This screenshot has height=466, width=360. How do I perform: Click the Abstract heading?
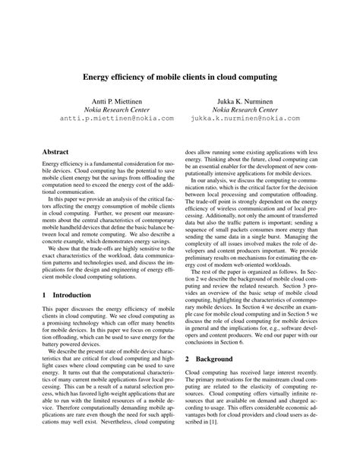click(58, 152)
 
